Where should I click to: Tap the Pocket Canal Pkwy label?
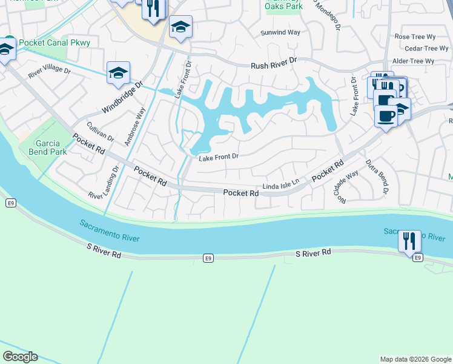pyautogui.click(x=55, y=42)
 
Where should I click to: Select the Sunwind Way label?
pyautogui.click(x=280, y=33)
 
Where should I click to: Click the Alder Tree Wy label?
pyautogui.click(x=414, y=61)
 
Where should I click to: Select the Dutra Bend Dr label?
pyautogui.click(x=377, y=177)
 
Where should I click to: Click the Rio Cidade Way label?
pyautogui.click(x=349, y=186)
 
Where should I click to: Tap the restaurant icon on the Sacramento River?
pyautogui.click(x=409, y=240)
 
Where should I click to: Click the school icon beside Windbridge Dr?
pyautogui.click(x=118, y=73)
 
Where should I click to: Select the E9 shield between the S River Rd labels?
pyautogui.click(x=208, y=259)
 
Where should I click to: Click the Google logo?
pyautogui.click(x=20, y=357)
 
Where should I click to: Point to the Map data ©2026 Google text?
pyautogui.click(x=415, y=359)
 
